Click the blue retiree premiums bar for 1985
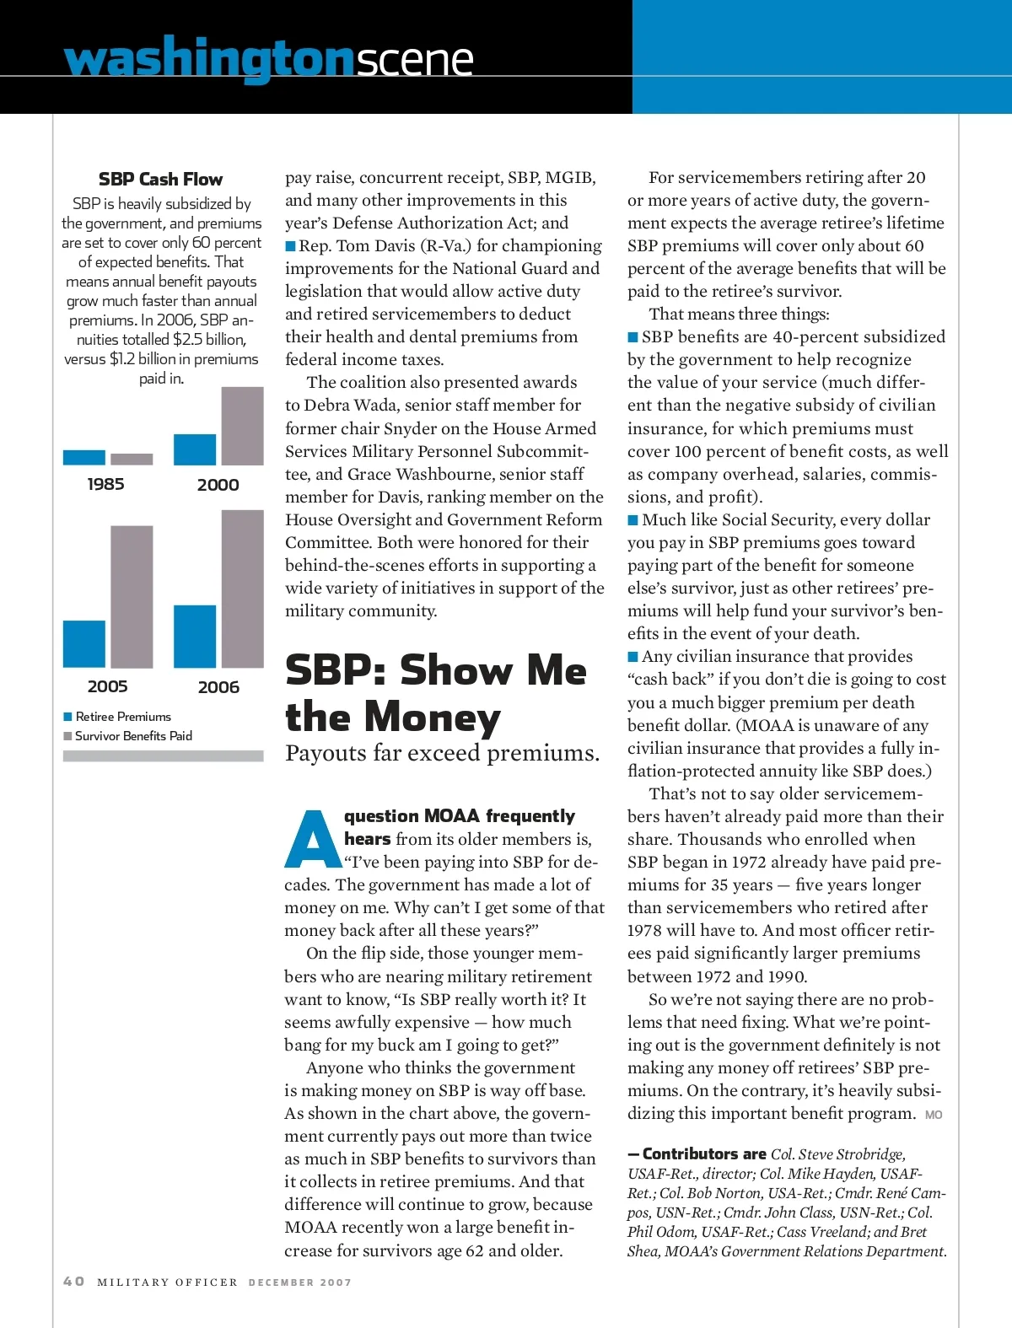83,457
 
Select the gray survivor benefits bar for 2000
242,426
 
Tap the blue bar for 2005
83,643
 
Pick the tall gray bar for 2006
242,589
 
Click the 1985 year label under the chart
105,484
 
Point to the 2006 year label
218,687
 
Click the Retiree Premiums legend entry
117,717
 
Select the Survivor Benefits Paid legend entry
127,736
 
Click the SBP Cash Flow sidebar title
160,179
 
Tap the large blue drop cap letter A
312,840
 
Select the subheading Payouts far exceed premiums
442,753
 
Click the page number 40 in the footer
74,1282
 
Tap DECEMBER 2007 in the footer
299,1282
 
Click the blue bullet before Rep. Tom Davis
290,246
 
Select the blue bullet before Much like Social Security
632,519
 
